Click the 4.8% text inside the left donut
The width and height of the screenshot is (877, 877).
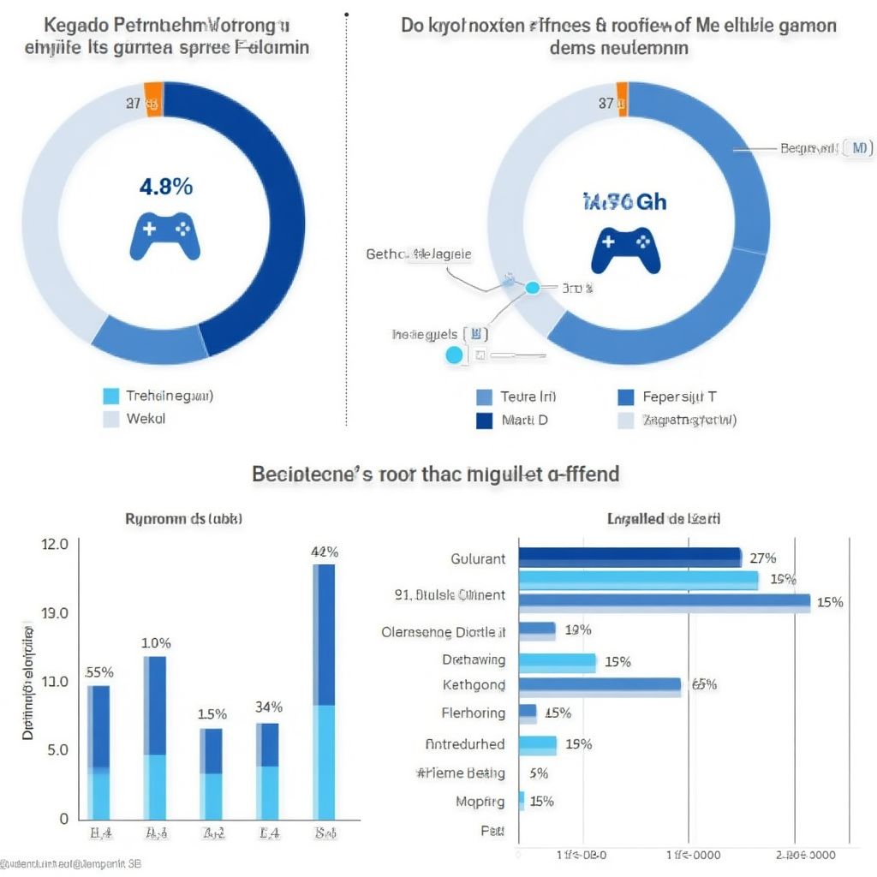tap(165, 187)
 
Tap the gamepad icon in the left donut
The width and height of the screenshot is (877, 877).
tap(169, 236)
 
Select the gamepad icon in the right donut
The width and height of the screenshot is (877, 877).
tap(625, 248)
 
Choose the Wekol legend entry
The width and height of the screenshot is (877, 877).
tap(135, 419)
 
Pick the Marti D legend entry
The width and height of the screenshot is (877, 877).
tap(511, 420)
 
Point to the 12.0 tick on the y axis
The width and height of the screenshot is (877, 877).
tap(54, 545)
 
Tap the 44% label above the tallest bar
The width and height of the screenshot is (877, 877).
tap(324, 552)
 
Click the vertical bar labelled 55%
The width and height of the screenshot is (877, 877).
tap(99, 752)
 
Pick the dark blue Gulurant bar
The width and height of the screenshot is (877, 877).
tap(629, 558)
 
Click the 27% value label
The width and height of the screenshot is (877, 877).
tap(762, 558)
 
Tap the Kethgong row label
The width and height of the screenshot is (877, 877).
tap(474, 685)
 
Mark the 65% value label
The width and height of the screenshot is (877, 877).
tap(703, 684)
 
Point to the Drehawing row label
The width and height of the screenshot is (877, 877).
tap(474, 660)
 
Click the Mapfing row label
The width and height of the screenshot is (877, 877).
tap(480, 802)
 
